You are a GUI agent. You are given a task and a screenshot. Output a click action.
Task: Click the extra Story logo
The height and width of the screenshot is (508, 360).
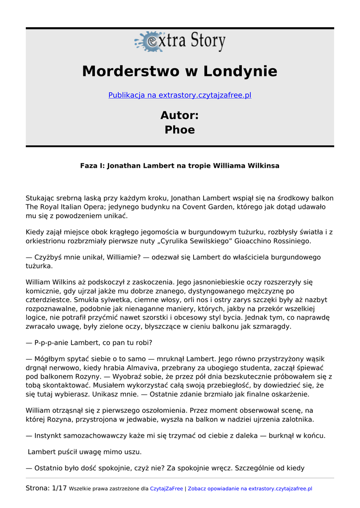[180, 42]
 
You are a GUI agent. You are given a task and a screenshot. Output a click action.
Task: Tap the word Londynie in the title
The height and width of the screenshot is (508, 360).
[238, 71]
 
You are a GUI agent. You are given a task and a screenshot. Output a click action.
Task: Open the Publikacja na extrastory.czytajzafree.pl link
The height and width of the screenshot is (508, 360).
[180, 95]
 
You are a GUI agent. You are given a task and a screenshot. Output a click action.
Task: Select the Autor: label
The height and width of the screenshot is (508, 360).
[180, 116]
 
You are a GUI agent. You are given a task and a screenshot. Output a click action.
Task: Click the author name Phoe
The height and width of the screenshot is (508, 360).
[180, 130]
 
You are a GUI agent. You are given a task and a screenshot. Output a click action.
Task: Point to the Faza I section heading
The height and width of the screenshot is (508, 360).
[180, 166]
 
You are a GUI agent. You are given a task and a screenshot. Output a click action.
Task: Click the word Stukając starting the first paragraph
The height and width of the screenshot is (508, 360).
[41, 198]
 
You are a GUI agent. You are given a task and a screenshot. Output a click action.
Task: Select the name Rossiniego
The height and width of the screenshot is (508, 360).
[289, 241]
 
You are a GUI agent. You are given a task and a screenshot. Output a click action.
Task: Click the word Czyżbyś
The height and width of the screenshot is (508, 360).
[50, 257]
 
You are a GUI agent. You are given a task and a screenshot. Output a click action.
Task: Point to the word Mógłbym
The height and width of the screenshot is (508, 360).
[51, 359]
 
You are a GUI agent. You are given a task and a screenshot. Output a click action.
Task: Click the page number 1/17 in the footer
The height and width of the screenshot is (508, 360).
[59, 489]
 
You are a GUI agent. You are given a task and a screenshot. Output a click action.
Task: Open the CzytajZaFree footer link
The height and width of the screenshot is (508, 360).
[166, 489]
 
